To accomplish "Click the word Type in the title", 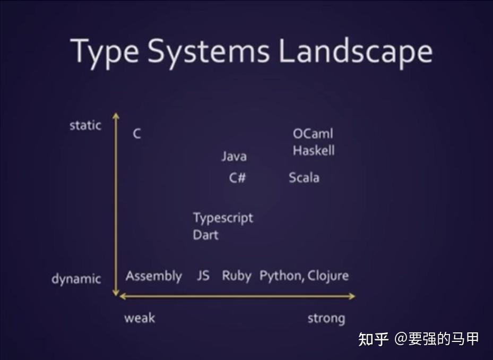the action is click(x=105, y=52).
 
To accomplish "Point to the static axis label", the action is click(x=85, y=125).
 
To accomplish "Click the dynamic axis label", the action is click(x=76, y=279).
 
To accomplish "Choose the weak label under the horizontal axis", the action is click(x=140, y=318).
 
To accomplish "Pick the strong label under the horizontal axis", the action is click(x=326, y=319).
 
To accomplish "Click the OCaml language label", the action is click(x=313, y=134).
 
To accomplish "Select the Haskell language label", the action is click(x=314, y=150).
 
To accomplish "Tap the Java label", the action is click(x=234, y=157).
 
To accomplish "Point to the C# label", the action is click(x=237, y=178).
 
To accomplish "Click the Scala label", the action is click(x=304, y=178).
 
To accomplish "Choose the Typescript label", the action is click(x=223, y=218).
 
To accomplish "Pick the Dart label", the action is click(x=205, y=235).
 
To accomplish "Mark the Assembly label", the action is click(x=154, y=276).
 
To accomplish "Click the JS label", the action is click(x=203, y=276).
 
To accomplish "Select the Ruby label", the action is click(x=237, y=276).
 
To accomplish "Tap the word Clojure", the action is click(x=328, y=276).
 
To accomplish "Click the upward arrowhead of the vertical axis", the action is click(x=116, y=116).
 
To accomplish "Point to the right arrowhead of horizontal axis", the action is click(x=352, y=296).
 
